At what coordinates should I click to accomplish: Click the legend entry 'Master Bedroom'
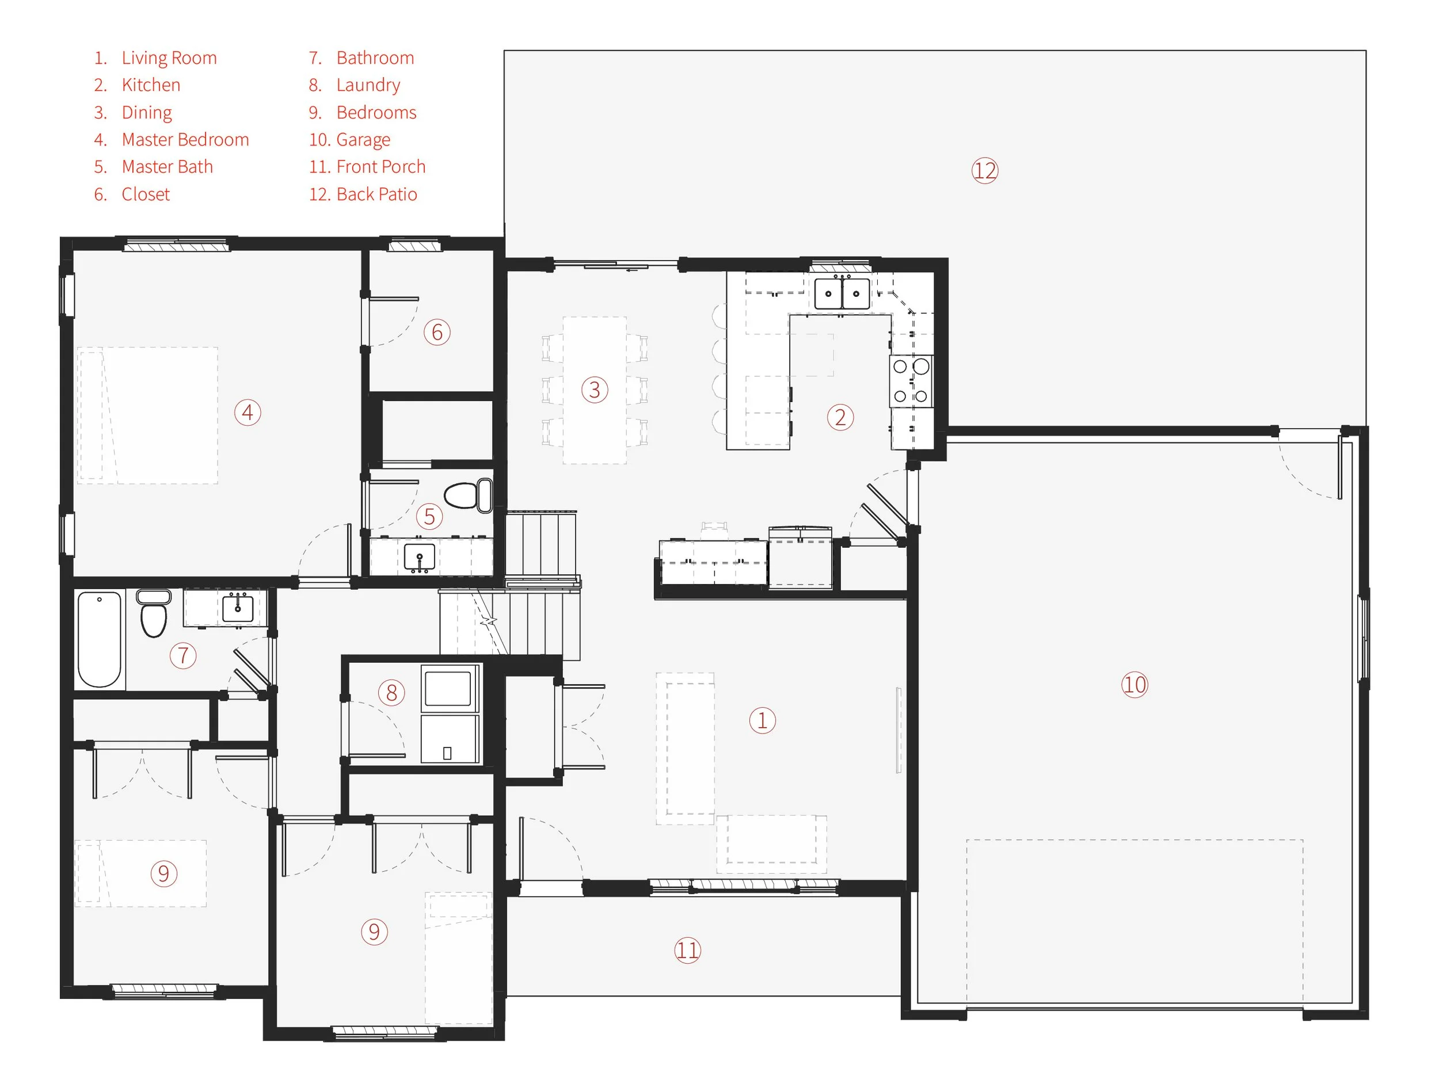185,140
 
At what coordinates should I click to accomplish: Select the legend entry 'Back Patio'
376,194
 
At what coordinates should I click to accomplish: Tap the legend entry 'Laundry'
368,85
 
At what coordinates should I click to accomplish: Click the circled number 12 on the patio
984,171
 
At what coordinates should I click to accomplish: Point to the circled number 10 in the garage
1135,685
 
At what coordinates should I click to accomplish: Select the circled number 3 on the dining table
594,390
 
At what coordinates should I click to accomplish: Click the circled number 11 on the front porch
687,950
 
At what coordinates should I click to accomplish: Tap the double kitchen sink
842,293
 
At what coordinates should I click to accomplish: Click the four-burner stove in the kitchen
910,381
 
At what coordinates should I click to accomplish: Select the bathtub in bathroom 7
100,639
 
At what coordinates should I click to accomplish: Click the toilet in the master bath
468,495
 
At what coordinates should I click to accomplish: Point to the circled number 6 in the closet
436,332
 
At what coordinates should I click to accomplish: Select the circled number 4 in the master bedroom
248,413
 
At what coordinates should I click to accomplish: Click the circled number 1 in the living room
762,720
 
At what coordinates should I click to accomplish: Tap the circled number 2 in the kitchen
840,417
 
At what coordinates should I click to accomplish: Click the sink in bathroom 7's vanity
238,608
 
